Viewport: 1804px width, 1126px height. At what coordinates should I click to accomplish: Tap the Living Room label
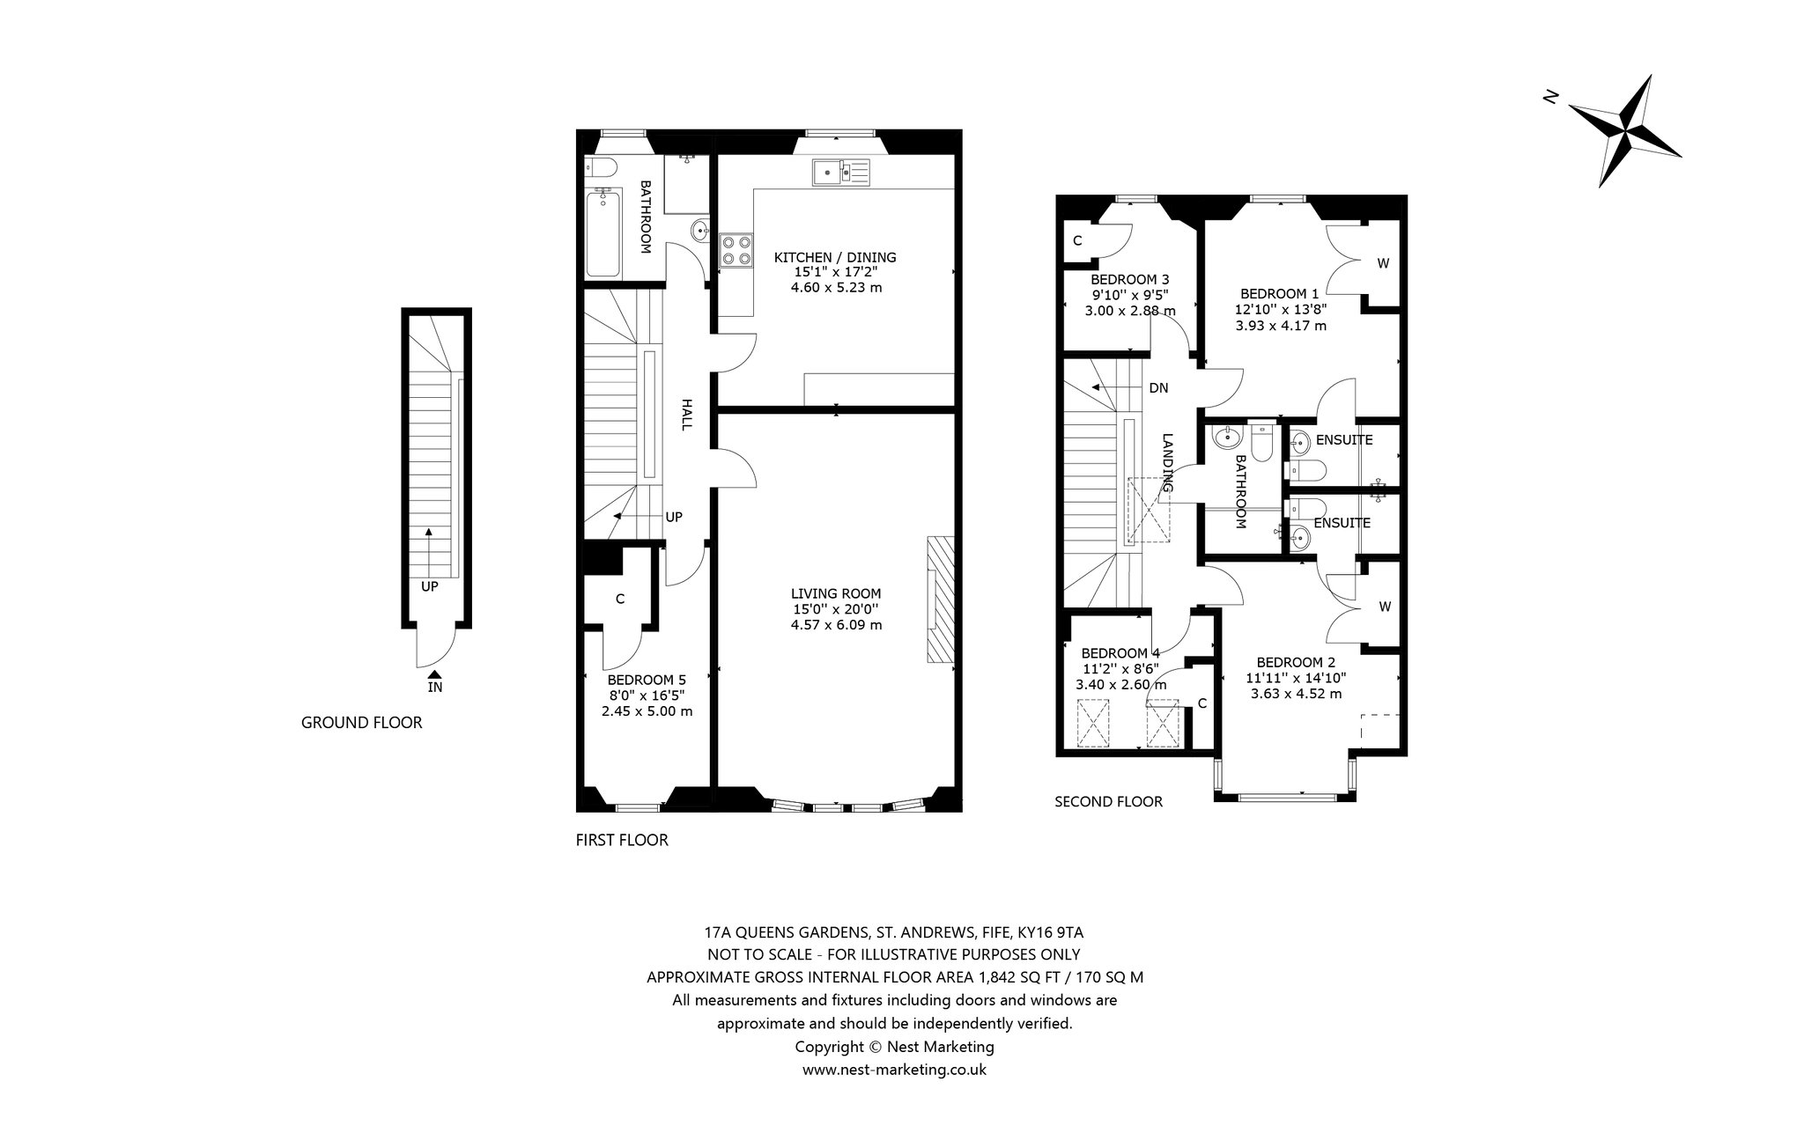[836, 594]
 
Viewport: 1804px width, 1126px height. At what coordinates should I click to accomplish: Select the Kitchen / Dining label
[835, 258]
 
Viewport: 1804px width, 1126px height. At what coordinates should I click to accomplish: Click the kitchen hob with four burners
[736, 249]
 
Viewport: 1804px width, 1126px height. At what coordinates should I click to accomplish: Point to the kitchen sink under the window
[842, 173]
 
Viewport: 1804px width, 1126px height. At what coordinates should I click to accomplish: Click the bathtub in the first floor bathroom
[604, 232]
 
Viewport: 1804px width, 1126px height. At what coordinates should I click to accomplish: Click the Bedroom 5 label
[647, 680]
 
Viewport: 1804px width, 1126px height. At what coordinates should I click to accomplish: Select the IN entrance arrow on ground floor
[434, 673]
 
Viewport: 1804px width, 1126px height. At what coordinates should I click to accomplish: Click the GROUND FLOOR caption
[361, 723]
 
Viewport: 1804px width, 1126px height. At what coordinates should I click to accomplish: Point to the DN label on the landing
[1159, 388]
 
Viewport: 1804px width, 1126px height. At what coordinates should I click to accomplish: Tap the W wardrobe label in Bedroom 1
[1383, 262]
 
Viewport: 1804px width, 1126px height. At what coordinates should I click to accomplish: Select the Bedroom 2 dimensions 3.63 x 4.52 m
[1297, 693]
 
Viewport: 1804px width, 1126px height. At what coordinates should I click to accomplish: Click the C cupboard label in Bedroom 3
[1077, 241]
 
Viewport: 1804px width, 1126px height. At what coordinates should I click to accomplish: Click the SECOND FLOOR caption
[1108, 802]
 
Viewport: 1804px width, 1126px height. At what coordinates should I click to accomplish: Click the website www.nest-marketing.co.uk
[894, 1070]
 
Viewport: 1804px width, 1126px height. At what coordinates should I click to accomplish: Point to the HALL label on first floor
[687, 414]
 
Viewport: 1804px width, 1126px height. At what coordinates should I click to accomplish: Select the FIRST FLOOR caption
[622, 840]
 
